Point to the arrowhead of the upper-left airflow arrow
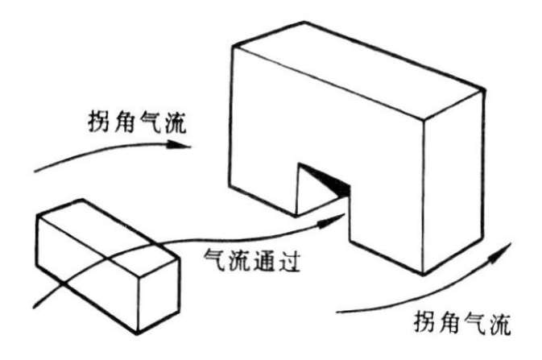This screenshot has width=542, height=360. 184,147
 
